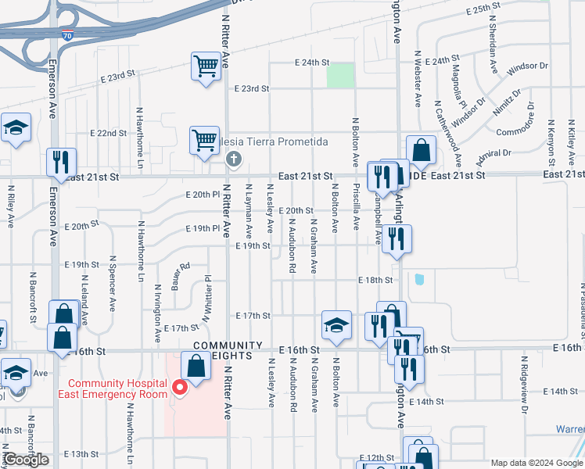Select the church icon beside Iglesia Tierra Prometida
tap(232, 159)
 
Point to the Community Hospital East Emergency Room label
tap(117, 388)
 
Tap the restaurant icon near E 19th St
tap(397, 240)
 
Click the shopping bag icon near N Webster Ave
tap(421, 150)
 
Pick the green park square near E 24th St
tap(340, 76)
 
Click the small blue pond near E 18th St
tap(420, 279)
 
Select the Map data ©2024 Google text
tap(537, 463)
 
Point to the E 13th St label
tap(81, 453)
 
